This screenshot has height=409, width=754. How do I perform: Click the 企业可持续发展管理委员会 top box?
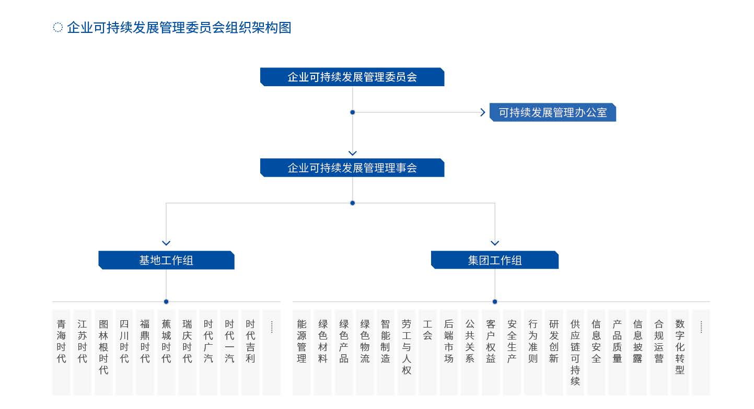[x=352, y=77]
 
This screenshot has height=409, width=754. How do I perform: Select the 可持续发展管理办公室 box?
[x=552, y=112]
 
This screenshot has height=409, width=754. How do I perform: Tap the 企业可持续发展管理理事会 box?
[x=352, y=168]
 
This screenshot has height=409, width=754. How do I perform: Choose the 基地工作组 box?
[x=166, y=260]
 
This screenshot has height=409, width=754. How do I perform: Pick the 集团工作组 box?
[x=494, y=260]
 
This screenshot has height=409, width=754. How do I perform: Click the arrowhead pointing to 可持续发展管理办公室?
[x=482, y=112]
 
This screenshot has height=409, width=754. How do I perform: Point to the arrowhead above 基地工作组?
[x=166, y=243]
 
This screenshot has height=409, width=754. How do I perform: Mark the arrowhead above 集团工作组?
[x=495, y=243]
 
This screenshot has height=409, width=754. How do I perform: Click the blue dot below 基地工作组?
[x=166, y=301]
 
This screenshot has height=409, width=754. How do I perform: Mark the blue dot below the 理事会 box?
[x=352, y=203]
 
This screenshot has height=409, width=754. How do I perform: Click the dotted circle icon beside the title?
[x=58, y=27]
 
